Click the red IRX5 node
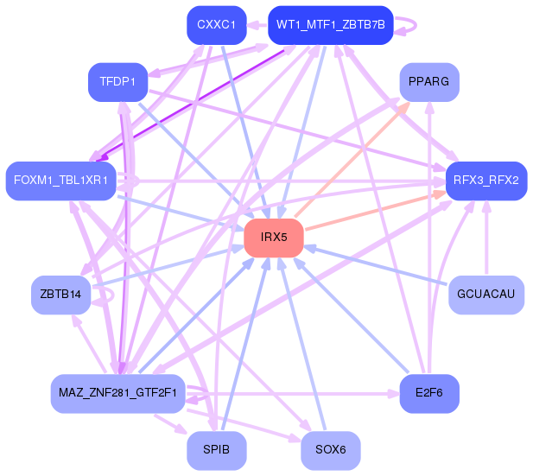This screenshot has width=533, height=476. pyautogui.click(x=274, y=238)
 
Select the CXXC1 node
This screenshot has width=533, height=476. pyautogui.click(x=217, y=25)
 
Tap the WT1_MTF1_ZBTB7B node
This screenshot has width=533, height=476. pyautogui.click(x=331, y=25)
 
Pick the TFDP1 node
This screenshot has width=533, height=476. pyautogui.click(x=118, y=82)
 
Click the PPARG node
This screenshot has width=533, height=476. pyautogui.click(x=429, y=82)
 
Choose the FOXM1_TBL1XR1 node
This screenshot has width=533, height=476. pyautogui.click(x=61, y=181)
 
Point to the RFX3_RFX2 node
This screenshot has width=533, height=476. pyautogui.click(x=486, y=181)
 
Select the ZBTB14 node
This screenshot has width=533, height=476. pyautogui.click(x=60, y=295)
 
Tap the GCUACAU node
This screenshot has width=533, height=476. pyautogui.click(x=486, y=295)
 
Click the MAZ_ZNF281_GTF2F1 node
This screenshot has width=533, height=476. pyautogui.click(x=118, y=394)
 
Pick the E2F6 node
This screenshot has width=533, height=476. pyautogui.click(x=429, y=394)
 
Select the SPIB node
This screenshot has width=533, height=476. pyautogui.click(x=217, y=450)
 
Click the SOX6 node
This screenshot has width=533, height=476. pyautogui.click(x=331, y=450)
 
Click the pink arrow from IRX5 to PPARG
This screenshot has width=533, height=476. pyautogui.click(x=352, y=159)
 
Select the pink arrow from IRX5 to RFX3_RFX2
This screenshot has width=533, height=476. pyautogui.click(x=375, y=211)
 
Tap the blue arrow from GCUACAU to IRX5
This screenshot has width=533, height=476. pyautogui.click(x=375, y=266)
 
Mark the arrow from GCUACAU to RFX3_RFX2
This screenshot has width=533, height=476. pyautogui.click(x=486, y=238)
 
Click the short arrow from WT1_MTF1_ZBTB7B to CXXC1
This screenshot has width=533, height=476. pyautogui.click(x=257, y=25)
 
